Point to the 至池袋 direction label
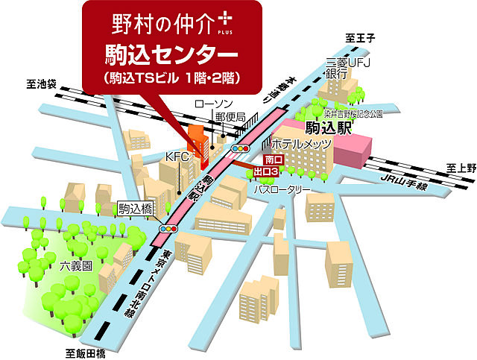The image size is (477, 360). coord(43,85)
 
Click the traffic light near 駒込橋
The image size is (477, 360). coord(168,229)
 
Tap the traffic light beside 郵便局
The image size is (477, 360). coord(240,149)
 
